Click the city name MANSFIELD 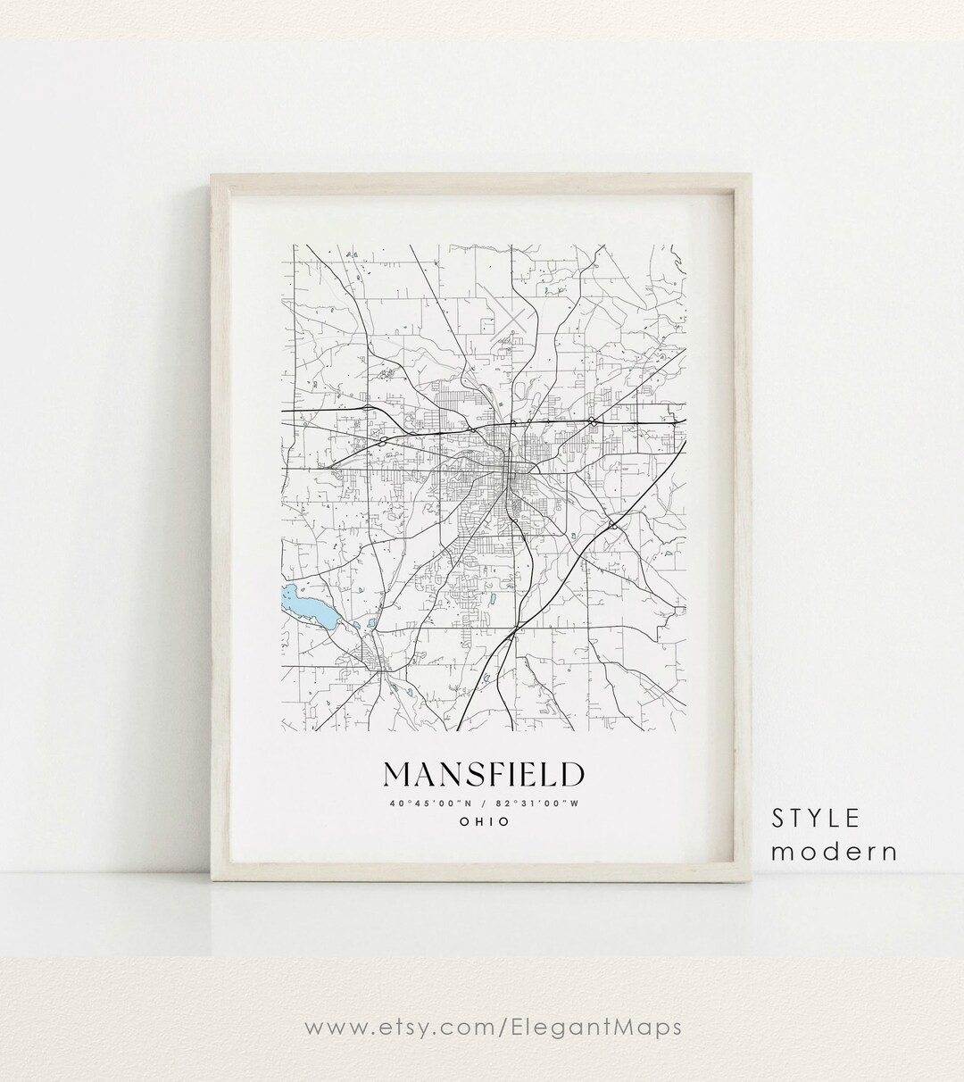point(485,773)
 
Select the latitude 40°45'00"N point(429,802)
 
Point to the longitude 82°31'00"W point(541,802)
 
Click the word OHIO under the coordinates point(485,821)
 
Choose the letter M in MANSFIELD point(399,773)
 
